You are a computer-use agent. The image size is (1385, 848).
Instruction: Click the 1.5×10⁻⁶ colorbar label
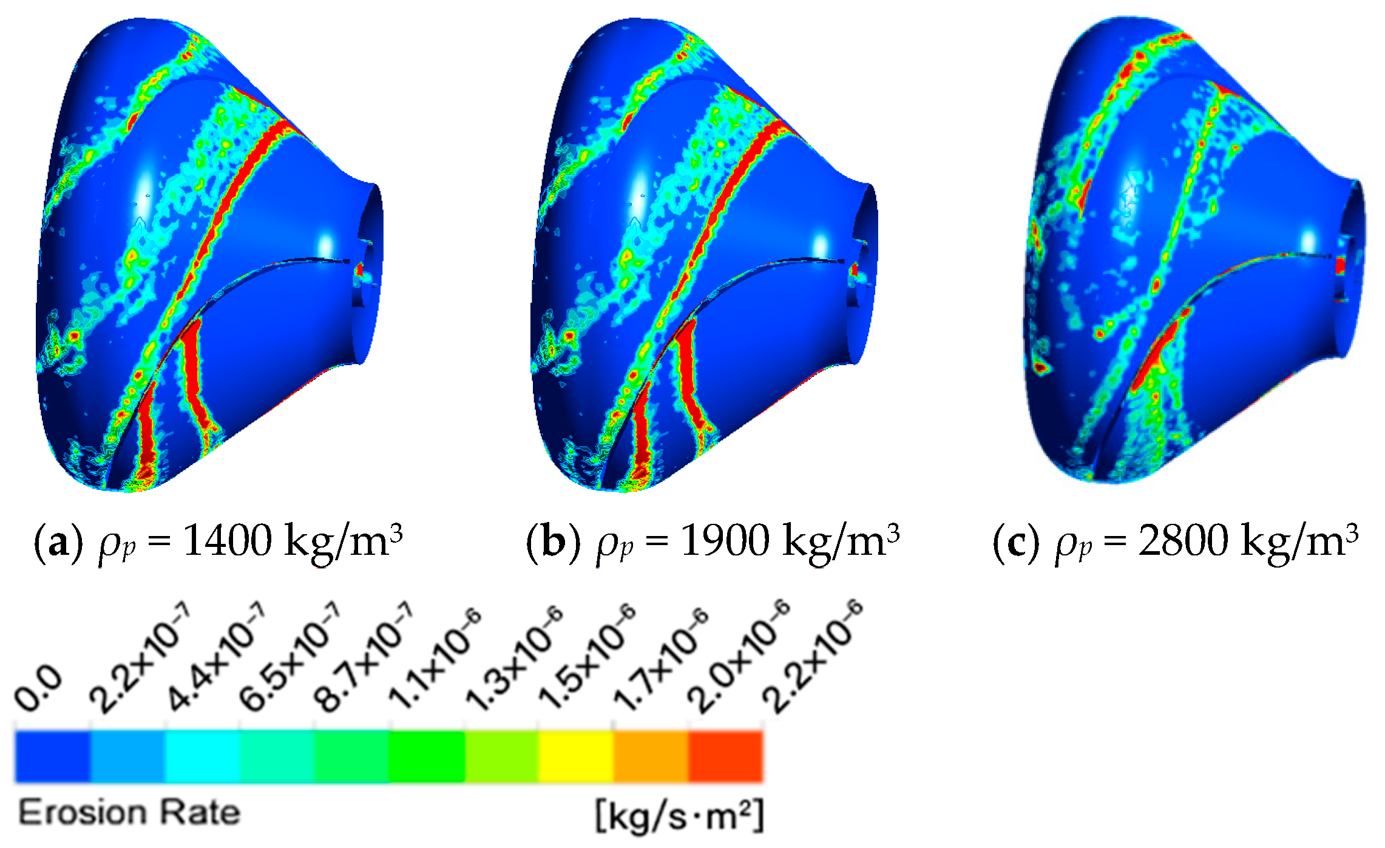point(586,659)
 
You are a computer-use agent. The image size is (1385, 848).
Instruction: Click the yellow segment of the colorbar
point(575,756)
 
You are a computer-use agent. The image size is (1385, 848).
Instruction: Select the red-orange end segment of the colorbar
point(725,756)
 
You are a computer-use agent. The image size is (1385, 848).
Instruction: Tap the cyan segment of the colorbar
point(202,756)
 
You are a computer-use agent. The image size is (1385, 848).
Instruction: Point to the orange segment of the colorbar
point(651,756)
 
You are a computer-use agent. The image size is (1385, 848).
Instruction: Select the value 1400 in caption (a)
point(227,540)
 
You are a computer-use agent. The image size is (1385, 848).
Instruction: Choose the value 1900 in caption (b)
point(724,540)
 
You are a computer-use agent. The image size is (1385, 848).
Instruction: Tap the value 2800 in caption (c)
point(1183,540)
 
